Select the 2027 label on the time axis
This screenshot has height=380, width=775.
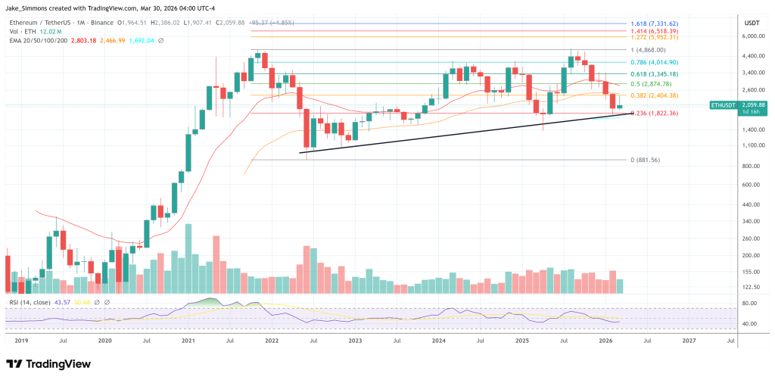coord(689,341)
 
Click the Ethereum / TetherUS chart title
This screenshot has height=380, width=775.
coord(46,22)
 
